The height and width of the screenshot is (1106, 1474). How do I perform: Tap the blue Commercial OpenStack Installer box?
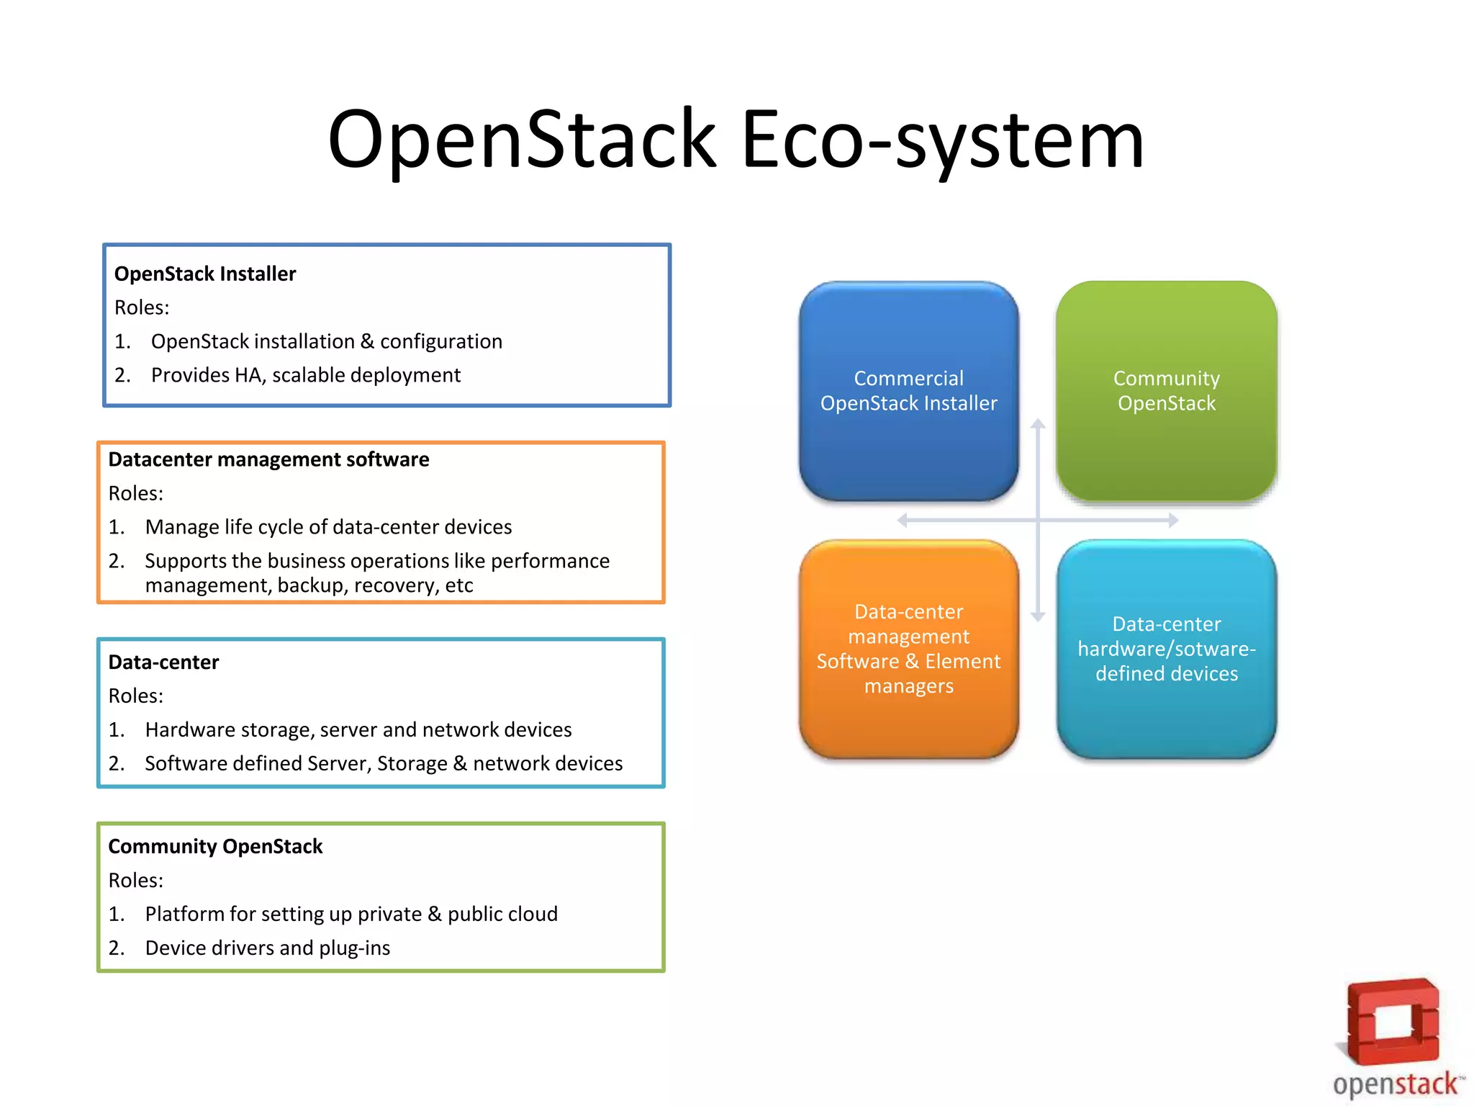[908, 391]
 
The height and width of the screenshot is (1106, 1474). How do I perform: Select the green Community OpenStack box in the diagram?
[1166, 391]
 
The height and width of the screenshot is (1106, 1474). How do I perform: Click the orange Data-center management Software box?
[908, 649]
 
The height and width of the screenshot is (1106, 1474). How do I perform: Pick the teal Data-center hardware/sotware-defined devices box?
[1166, 649]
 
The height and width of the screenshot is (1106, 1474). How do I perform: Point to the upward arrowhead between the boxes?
[1037, 424]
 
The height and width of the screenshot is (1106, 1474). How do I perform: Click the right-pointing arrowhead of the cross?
[1172, 520]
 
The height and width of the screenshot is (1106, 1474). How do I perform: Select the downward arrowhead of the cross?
[1037, 616]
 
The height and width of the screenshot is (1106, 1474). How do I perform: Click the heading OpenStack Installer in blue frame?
[205, 274]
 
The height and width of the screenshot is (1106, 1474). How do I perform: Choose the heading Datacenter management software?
[268, 459]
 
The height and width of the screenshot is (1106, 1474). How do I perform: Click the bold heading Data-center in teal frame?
[163, 662]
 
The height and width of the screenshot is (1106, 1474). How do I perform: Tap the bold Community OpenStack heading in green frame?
[215, 847]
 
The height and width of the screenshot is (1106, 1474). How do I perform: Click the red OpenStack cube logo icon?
[1393, 1021]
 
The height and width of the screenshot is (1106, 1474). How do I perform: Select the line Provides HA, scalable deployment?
[305, 375]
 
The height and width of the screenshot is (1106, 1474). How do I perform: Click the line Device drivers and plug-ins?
[267, 948]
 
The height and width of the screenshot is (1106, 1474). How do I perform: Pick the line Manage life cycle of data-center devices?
[328, 527]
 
